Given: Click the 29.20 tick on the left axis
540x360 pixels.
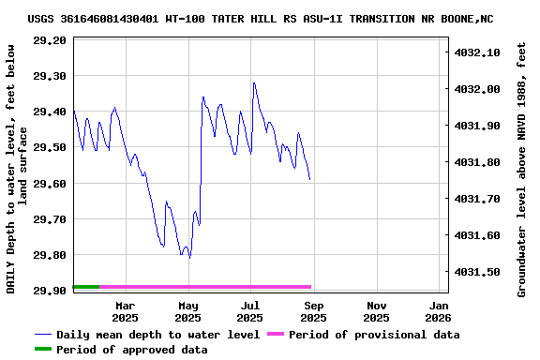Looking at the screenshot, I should (49, 40).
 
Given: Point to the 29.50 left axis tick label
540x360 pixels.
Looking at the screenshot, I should (49, 147).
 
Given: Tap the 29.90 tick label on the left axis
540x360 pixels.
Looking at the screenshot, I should (49, 291).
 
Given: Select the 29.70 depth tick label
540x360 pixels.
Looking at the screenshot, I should (49, 219).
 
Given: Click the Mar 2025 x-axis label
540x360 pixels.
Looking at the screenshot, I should (126, 311).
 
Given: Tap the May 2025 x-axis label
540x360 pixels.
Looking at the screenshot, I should (188, 311).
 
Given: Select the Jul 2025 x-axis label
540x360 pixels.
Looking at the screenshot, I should (250, 311).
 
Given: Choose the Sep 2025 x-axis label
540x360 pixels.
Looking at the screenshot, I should (313, 311).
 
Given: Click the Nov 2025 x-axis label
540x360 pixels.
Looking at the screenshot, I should (376, 311).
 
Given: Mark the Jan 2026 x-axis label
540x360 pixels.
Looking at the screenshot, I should (438, 311).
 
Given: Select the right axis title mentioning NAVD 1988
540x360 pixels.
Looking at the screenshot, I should (522, 169).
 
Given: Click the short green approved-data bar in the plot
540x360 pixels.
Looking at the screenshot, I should (85, 286).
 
